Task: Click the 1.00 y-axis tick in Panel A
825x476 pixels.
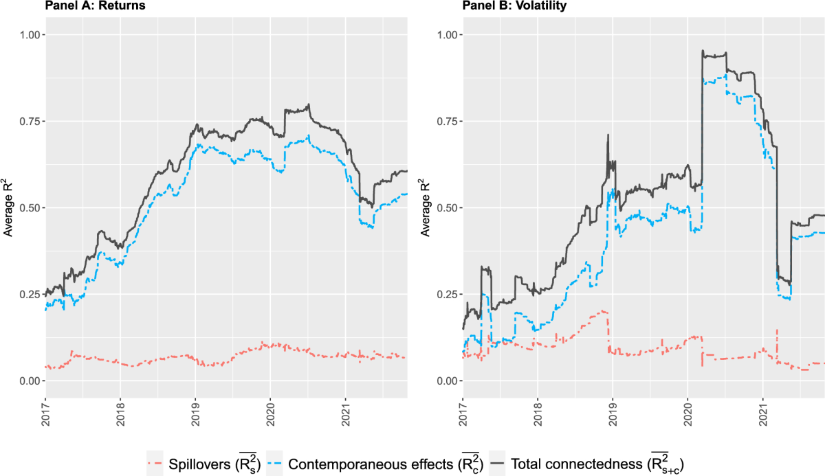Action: click(29, 35)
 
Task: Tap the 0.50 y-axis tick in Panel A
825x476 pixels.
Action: click(29, 208)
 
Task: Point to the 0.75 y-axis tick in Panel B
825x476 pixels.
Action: click(446, 122)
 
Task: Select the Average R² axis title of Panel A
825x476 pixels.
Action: click(9, 208)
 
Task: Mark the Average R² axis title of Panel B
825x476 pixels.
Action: click(426, 208)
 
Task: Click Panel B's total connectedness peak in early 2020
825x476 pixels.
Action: click(703, 51)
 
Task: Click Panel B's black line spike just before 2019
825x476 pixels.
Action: click(608, 135)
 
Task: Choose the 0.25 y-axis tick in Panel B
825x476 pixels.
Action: click(446, 295)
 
